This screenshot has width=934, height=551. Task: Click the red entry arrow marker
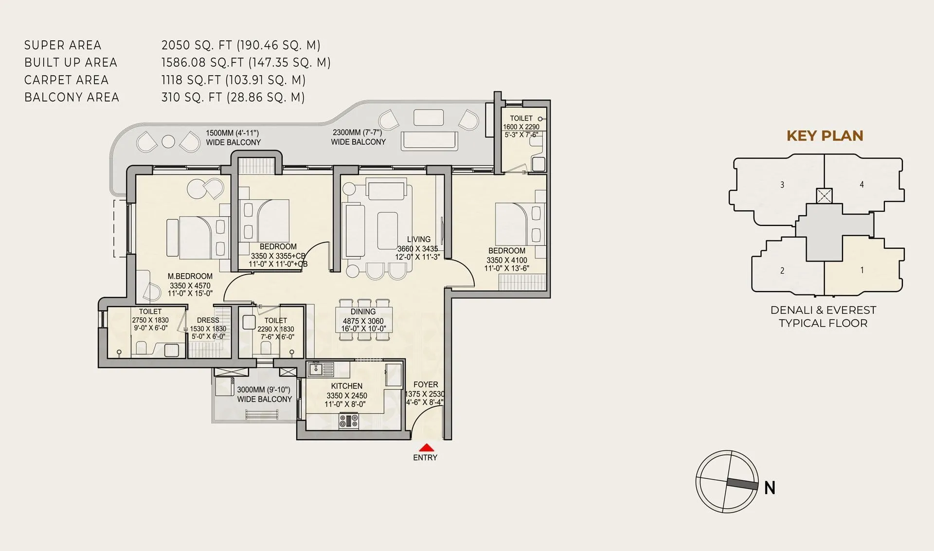pyautogui.click(x=426, y=448)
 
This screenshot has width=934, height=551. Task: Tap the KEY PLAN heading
pyautogui.click(x=825, y=136)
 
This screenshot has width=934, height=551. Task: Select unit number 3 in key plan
pyautogui.click(x=782, y=185)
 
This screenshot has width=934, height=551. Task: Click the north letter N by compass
pyautogui.click(x=770, y=487)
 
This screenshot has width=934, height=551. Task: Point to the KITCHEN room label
pyautogui.click(x=346, y=386)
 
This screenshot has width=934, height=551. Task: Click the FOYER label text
pyautogui.click(x=426, y=384)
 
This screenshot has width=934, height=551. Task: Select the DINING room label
pyautogui.click(x=363, y=312)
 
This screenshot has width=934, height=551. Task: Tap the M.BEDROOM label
pyautogui.click(x=190, y=276)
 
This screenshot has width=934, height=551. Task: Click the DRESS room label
pyautogui.click(x=208, y=320)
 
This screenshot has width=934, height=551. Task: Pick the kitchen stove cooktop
pyautogui.click(x=348, y=421)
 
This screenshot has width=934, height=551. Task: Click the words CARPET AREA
pyautogui.click(x=66, y=80)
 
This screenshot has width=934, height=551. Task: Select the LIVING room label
pyautogui.click(x=418, y=239)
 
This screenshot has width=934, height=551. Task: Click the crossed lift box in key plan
pyautogui.click(x=824, y=196)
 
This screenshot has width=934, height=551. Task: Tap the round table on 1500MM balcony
pyautogui.click(x=168, y=141)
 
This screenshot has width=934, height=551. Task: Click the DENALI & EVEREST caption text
pyautogui.click(x=823, y=310)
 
